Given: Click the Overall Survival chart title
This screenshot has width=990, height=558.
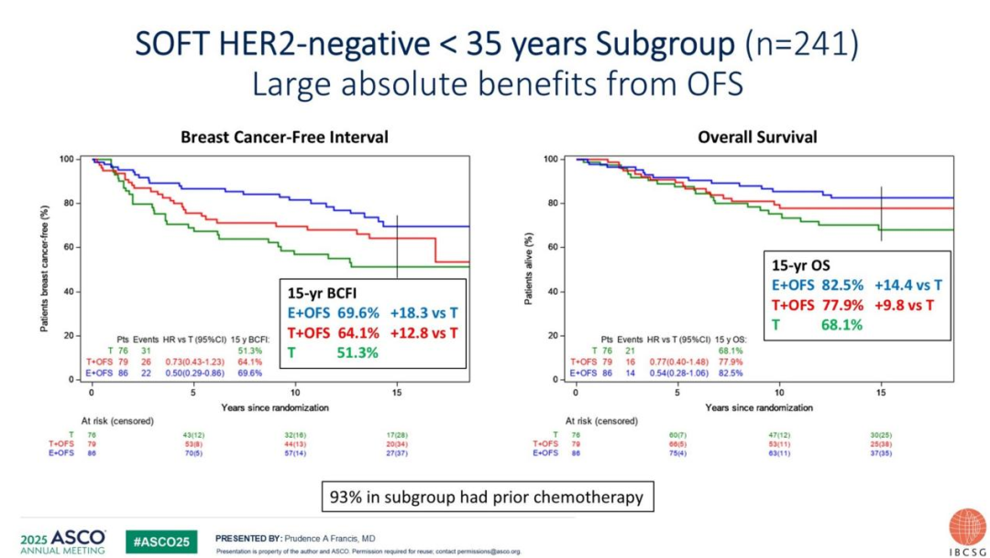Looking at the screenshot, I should click(x=758, y=137).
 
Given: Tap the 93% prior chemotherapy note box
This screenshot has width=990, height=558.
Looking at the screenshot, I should click(x=487, y=497).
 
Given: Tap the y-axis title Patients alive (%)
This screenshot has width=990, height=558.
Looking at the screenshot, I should click(x=530, y=267).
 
